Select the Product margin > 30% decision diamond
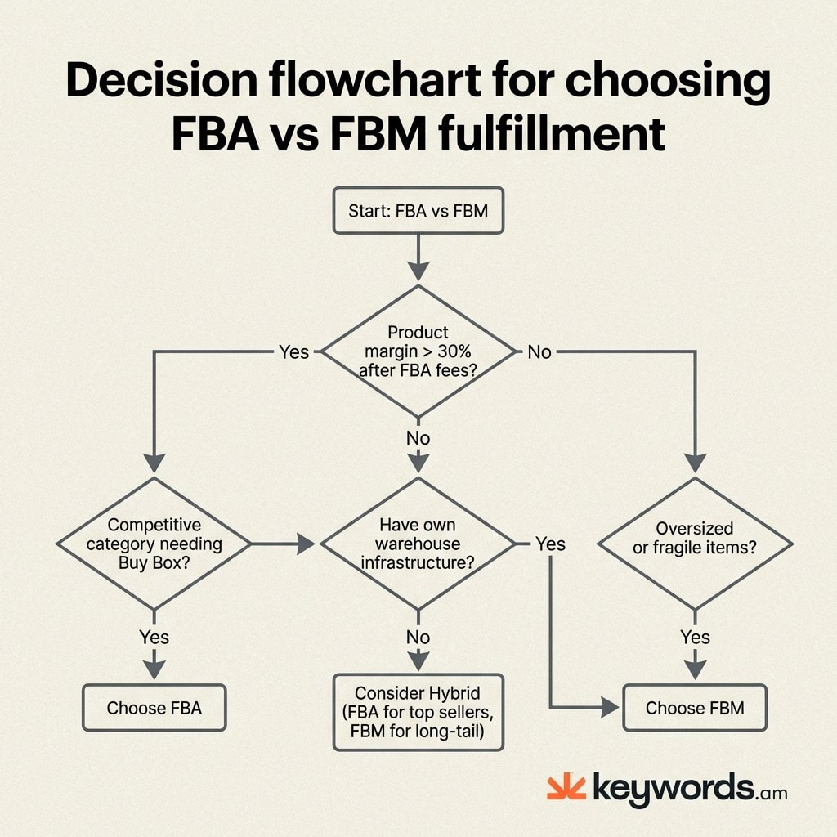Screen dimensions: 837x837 pos(418,352)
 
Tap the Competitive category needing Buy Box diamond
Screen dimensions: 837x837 pos(154,544)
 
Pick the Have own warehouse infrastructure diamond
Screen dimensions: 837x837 pos(418,544)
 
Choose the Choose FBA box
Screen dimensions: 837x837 pos(154,707)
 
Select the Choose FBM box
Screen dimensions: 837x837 pos(695,708)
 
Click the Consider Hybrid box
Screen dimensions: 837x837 pos(418,710)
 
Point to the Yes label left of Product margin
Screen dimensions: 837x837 pos(294,352)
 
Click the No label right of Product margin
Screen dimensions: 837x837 pos(539,352)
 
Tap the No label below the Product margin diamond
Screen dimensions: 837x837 pos(418,439)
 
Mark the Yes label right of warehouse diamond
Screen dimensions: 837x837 pos(550,544)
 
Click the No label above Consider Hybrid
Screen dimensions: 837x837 pos(418,637)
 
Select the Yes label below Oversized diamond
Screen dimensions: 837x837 pos(695,637)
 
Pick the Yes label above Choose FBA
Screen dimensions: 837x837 pos(154,637)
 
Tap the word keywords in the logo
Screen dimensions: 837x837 pos(671,789)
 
